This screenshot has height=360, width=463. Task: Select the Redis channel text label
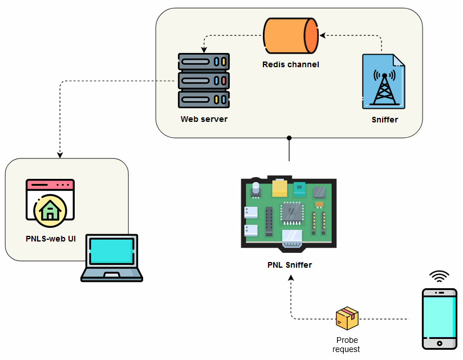290,64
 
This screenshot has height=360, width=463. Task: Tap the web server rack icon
204,81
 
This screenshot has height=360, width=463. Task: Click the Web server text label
204,119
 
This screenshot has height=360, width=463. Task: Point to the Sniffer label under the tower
384,120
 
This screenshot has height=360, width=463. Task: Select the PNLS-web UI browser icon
50,202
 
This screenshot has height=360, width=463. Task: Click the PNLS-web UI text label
51,238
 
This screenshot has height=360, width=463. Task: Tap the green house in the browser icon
50,210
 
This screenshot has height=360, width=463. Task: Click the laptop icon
112,258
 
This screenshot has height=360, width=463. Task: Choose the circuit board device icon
289,213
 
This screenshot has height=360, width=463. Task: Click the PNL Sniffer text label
290,265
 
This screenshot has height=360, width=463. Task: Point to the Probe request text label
347,345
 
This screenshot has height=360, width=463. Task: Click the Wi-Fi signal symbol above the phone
438,277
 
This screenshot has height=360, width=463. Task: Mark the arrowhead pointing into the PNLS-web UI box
60,155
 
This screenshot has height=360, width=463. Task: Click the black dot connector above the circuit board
289,138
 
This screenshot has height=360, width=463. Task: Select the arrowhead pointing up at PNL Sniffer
291,278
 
